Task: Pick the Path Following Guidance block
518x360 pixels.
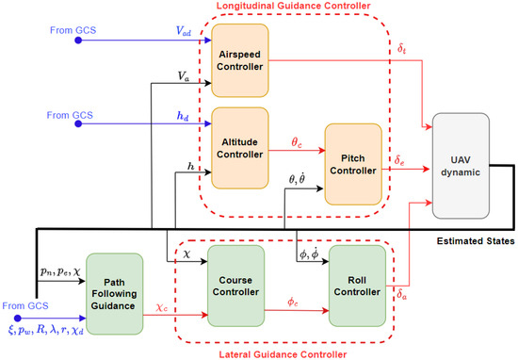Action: click(113, 292)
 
